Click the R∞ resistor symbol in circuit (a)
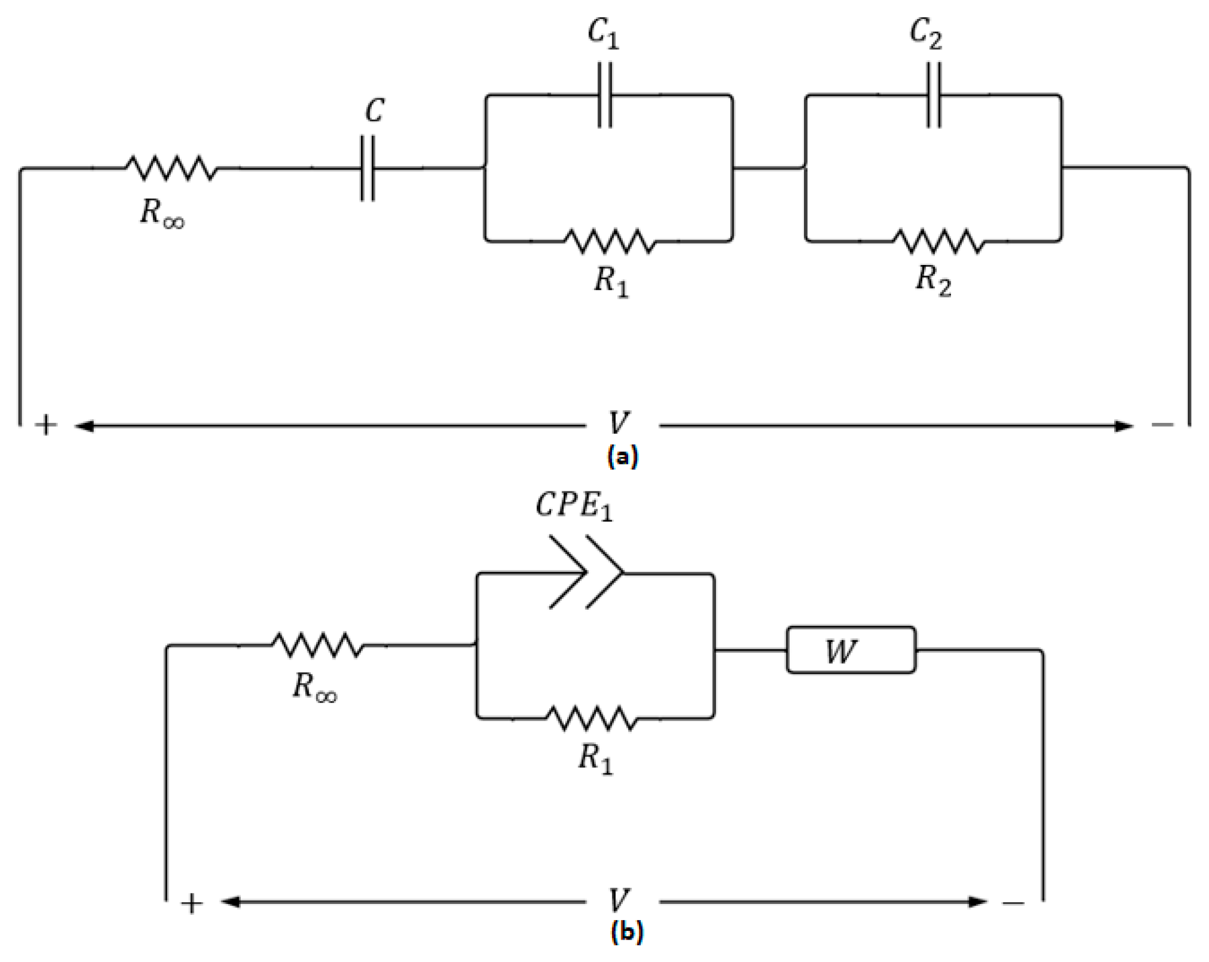pyautogui.click(x=171, y=168)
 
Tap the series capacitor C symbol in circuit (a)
pyautogui.click(x=368, y=168)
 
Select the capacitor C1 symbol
pyautogui.click(x=604, y=95)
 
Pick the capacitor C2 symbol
pyautogui.click(x=934, y=95)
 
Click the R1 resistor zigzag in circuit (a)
pyautogui.click(x=610, y=241)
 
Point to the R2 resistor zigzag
pyautogui.click(x=938, y=241)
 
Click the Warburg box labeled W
pyautogui.click(x=850, y=650)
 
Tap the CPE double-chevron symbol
pyautogui.click(x=586, y=572)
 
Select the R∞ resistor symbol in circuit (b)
pyautogui.click(x=317, y=645)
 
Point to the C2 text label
pyautogui.click(x=926, y=33)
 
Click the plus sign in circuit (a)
pyautogui.click(x=46, y=426)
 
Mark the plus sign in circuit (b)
pyautogui.click(x=192, y=904)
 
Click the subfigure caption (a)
pyautogui.click(x=622, y=457)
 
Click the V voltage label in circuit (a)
pyautogui.click(x=618, y=423)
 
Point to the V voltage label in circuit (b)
pyautogui.click(x=618, y=901)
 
